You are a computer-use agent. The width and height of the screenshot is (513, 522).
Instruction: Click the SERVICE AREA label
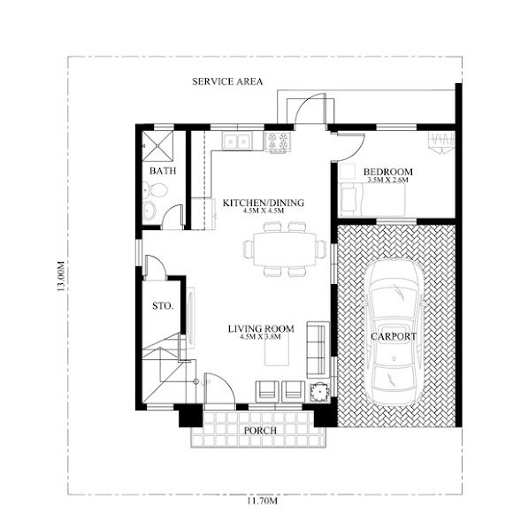pyautogui.click(x=227, y=81)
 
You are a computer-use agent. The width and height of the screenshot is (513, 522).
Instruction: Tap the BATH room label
pyautogui.click(x=163, y=171)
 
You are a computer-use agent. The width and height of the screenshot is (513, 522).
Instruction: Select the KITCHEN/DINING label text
pyautogui.click(x=264, y=203)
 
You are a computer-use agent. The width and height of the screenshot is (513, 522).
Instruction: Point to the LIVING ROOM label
pyautogui.click(x=261, y=328)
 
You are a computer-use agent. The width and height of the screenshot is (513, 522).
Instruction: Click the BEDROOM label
pyautogui.click(x=387, y=172)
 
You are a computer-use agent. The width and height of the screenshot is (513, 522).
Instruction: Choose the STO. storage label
pyautogui.click(x=163, y=305)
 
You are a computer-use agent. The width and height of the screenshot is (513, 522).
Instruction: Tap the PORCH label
pyautogui.click(x=260, y=430)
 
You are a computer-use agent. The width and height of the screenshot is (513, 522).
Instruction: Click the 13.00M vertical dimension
pyautogui.click(x=60, y=276)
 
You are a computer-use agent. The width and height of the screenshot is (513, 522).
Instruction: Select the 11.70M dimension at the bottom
pyautogui.click(x=262, y=500)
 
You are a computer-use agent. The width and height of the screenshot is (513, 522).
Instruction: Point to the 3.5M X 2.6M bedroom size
pyautogui.click(x=387, y=180)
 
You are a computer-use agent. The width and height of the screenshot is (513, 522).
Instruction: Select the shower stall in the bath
pyautogui.click(x=157, y=146)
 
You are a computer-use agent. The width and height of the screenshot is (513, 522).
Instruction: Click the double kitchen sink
pyautogui.click(x=237, y=142)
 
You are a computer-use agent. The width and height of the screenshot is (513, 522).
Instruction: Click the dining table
pyautogui.click(x=285, y=249)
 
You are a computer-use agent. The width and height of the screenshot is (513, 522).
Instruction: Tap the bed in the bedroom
pyautogui.click(x=371, y=199)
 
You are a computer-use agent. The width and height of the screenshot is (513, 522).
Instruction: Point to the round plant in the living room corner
pyautogui.click(x=320, y=392)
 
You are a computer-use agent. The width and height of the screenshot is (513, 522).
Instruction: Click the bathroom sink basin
pyautogui.click(x=149, y=211)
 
